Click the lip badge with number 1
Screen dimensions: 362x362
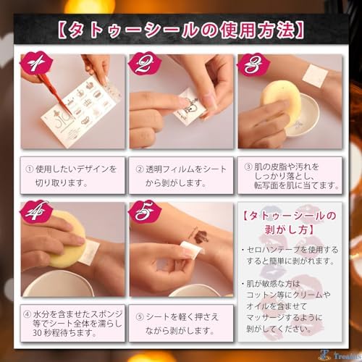click(36, 64)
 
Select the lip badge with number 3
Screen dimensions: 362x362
click(253, 64)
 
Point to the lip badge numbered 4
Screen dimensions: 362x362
click(36, 212)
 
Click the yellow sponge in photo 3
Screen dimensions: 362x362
click(281, 100)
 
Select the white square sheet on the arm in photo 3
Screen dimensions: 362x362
click(315, 76)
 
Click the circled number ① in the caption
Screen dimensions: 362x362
click(29, 169)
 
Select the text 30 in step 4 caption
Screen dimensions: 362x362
click(38, 333)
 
